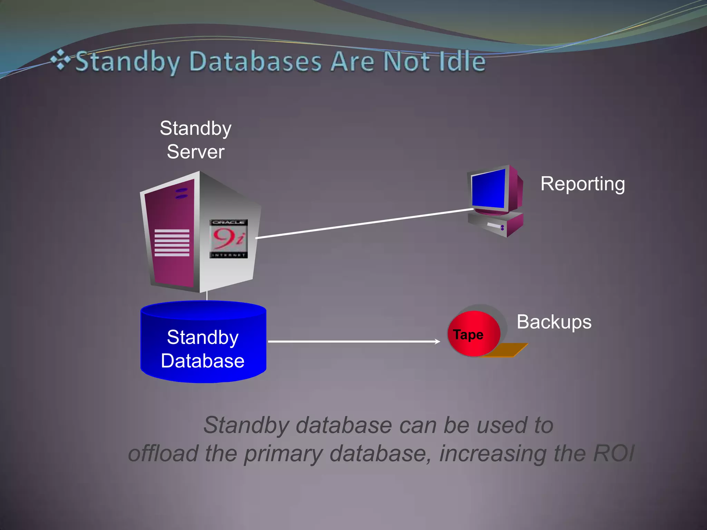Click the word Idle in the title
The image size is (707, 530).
pos(462,61)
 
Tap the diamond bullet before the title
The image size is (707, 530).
pos(60,60)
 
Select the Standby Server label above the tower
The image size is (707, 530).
pos(195,140)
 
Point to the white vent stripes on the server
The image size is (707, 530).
pos(172,243)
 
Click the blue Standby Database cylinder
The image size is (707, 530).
pos(203,349)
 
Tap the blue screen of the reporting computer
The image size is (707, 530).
pos(488,188)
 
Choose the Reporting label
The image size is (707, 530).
pos(582,184)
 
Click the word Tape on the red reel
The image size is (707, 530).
pos(468,335)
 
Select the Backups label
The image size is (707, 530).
pos(554,322)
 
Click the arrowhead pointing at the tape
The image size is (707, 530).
pos(437,342)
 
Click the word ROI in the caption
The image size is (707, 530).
pos(613,453)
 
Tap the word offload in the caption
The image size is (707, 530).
pos(163,453)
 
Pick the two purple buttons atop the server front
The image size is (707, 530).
pos(181,193)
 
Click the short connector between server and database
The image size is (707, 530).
pos(207,296)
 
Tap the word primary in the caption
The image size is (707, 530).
pos(283,454)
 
